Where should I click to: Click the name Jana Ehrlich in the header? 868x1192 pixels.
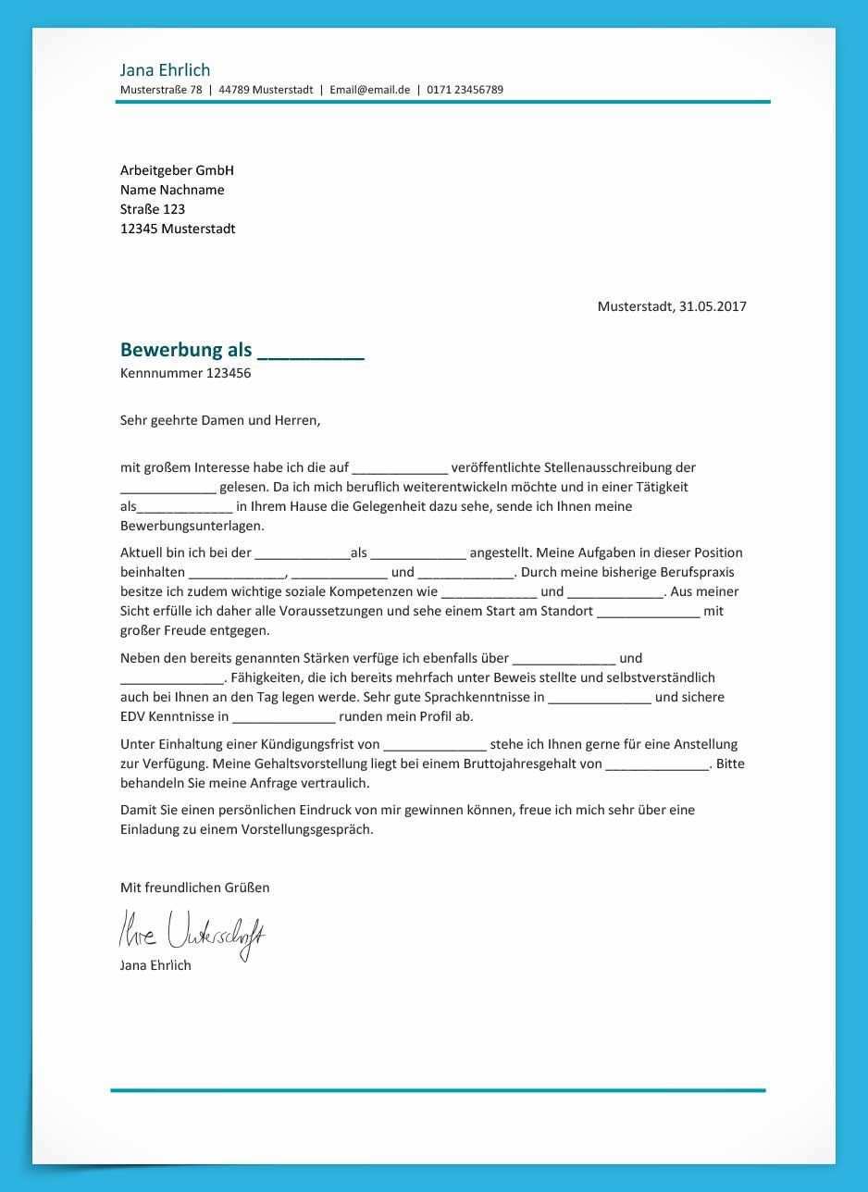[x=165, y=70]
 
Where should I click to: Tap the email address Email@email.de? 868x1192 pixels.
[x=369, y=90]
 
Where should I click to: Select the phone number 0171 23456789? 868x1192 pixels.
[x=465, y=90]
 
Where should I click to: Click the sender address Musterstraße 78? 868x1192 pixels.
[x=161, y=90]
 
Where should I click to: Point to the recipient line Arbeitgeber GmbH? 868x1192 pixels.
[x=177, y=170]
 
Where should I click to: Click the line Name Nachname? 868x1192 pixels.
[x=172, y=190]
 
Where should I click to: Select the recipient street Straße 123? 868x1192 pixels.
[x=153, y=209]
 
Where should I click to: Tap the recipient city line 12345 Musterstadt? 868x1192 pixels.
[x=178, y=229]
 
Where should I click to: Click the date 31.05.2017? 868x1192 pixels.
[x=713, y=306]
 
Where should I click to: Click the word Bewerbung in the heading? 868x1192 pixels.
[x=171, y=350]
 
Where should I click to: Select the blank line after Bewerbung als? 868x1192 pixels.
[x=311, y=352]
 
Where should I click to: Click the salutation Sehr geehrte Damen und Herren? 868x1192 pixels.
[x=220, y=420]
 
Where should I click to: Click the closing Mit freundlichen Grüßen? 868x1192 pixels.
[x=194, y=888]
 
